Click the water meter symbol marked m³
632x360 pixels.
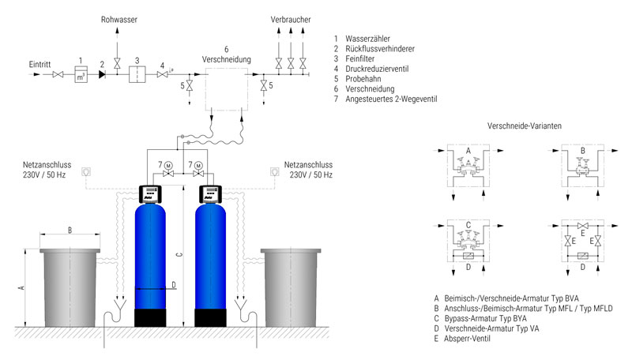pos(81,74)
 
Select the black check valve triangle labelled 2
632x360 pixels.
pos(102,74)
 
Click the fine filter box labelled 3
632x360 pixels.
pos(137,74)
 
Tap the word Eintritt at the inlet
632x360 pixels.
pos(40,65)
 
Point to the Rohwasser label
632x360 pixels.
pos(119,19)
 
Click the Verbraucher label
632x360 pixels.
pos(291,19)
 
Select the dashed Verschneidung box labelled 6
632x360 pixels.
pos(227,89)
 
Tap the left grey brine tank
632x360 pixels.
pos(70,287)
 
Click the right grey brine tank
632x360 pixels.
pos(291,287)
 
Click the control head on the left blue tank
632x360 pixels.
pos(150,194)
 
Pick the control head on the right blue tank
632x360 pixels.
pos(211,194)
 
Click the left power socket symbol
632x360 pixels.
pos(86,171)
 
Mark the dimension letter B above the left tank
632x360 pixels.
pos(70,231)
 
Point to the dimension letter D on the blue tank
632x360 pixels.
pos(174,285)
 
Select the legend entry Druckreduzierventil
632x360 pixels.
pos(377,69)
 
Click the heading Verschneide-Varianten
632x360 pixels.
pos(524,126)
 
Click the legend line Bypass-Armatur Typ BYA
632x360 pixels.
pos(485,318)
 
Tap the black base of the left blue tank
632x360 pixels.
pos(150,318)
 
